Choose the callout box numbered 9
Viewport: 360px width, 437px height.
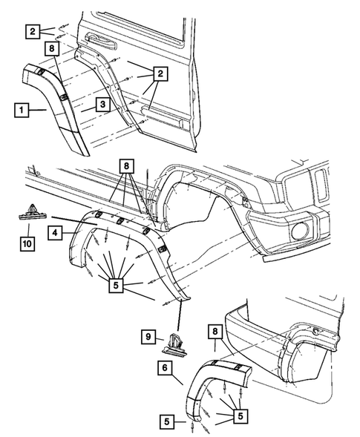[148, 338]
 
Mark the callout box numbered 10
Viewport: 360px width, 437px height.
[27, 243]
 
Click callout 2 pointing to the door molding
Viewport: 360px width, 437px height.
[159, 73]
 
